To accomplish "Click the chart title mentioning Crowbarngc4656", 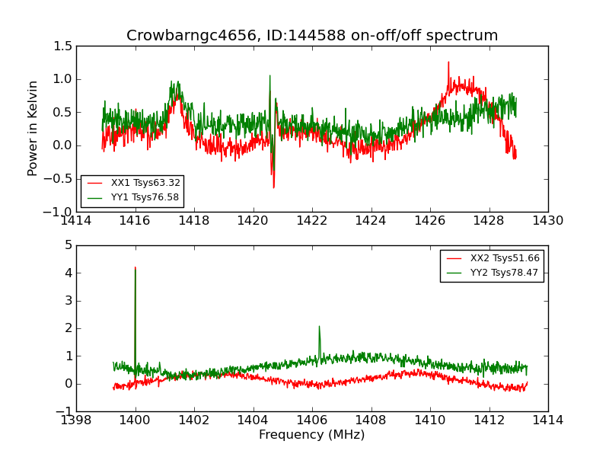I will [312, 36].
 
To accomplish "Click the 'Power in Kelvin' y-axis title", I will [33, 128].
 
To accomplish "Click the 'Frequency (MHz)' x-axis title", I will [312, 435].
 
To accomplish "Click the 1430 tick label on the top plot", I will [547, 221].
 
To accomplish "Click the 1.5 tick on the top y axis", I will [63, 46].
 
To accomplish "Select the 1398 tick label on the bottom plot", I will [76, 420].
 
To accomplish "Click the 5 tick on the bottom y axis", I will [69, 245].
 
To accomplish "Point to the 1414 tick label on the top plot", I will [76, 221].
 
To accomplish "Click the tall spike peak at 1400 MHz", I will [136, 267].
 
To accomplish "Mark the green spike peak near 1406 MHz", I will [319, 326].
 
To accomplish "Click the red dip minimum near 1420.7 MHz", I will [273, 187].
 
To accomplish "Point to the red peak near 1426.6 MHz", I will [448, 62].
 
